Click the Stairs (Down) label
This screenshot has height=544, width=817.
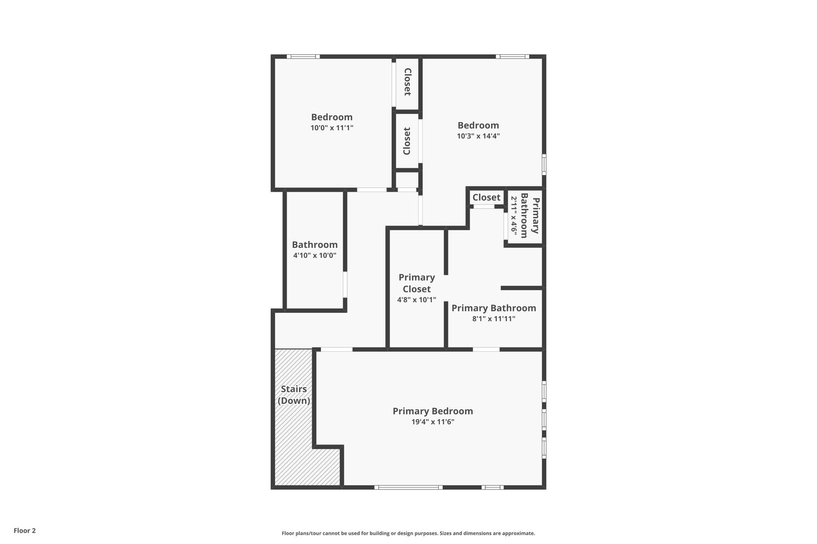[294, 395]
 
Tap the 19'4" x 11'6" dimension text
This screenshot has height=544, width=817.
[433, 422]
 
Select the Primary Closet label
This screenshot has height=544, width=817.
[416, 283]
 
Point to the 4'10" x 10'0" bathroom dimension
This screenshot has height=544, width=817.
[315, 255]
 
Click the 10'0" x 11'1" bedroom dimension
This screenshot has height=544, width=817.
[332, 128]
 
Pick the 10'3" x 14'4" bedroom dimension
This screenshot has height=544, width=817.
[478, 136]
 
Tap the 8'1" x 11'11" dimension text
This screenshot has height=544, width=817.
[493, 319]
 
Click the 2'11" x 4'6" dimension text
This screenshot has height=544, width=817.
[514, 216]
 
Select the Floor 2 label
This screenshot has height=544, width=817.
[25, 530]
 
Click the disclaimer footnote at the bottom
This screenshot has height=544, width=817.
[408, 533]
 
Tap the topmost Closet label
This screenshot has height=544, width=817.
[407, 82]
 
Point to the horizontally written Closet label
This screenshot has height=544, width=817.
[486, 197]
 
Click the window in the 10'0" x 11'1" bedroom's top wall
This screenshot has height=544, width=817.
[303, 57]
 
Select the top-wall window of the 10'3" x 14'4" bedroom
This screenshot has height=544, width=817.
[513, 57]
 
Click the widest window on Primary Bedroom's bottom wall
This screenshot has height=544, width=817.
[408, 487]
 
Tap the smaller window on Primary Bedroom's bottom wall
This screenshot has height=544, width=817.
[493, 487]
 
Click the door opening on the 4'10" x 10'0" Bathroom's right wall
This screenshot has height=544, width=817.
[345, 285]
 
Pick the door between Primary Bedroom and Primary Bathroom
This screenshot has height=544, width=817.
[486, 350]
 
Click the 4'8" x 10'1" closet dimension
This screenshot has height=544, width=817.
[416, 300]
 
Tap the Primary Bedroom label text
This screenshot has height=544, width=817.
[433, 411]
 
